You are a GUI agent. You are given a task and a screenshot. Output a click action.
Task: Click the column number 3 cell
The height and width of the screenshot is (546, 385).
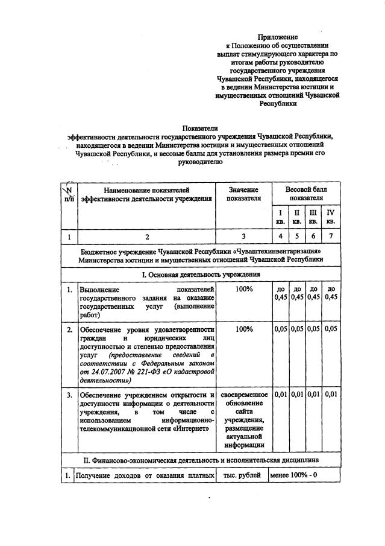click(x=244, y=236)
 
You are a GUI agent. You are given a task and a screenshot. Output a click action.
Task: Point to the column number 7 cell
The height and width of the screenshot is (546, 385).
click(x=330, y=236)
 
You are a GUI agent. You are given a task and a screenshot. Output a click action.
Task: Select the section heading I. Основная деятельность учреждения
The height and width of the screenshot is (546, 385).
click(x=201, y=274)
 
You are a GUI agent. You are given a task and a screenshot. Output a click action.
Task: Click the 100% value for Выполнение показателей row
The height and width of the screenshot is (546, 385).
click(x=244, y=289)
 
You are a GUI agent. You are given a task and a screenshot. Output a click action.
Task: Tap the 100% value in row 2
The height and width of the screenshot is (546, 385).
click(x=244, y=329)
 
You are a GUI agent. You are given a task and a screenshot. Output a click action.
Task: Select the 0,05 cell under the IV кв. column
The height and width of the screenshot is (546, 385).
click(x=331, y=329)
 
